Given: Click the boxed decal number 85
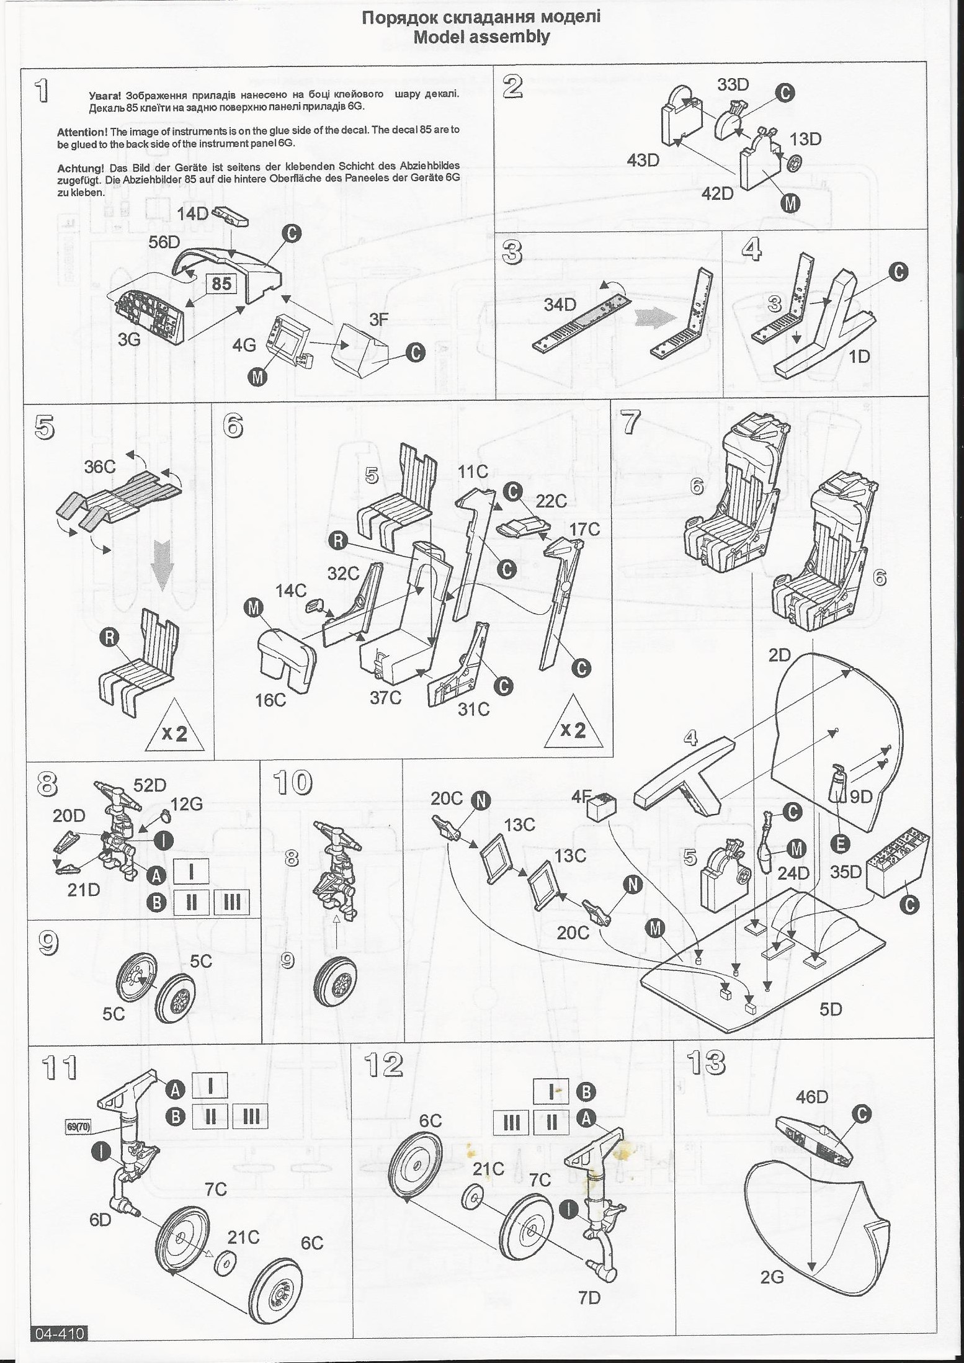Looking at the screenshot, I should [x=221, y=284].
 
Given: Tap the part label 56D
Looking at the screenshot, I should [x=164, y=242].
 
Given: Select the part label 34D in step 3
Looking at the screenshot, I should [x=560, y=305].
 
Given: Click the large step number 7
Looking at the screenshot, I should [x=631, y=423].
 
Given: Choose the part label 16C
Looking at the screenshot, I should [x=271, y=700].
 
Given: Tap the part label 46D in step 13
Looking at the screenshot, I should [x=812, y=1097].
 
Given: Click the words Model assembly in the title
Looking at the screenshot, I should [x=481, y=37].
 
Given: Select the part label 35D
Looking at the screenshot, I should [x=846, y=872].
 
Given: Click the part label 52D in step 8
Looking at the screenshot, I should [x=150, y=785].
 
